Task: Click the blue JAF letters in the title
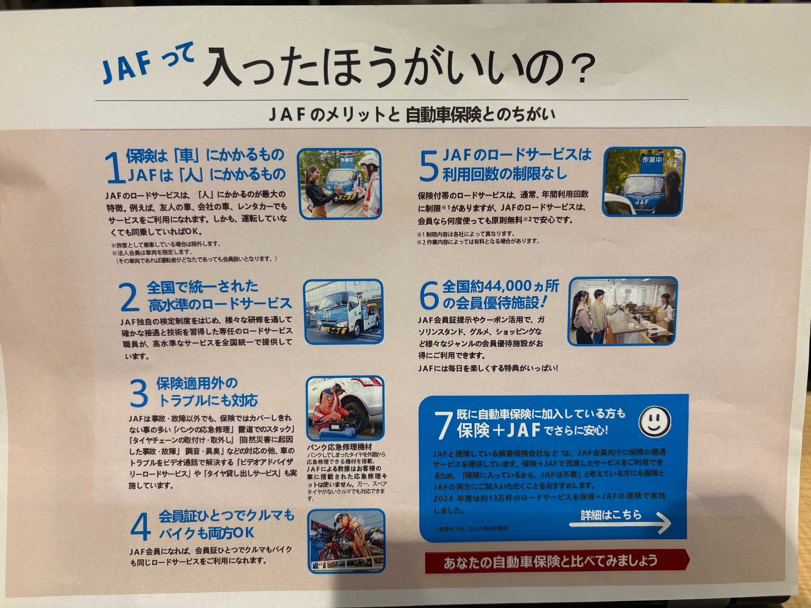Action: tap(127, 68)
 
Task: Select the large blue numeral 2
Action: tap(129, 297)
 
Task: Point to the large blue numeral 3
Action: tap(139, 393)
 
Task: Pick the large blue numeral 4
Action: tap(141, 526)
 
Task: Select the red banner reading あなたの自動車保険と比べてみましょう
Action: tap(557, 561)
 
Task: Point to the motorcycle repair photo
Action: tap(346, 540)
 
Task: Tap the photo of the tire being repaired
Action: tap(345, 408)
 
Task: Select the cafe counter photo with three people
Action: tap(622, 311)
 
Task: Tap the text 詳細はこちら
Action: tap(611, 514)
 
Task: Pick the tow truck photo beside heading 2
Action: tap(344, 312)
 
